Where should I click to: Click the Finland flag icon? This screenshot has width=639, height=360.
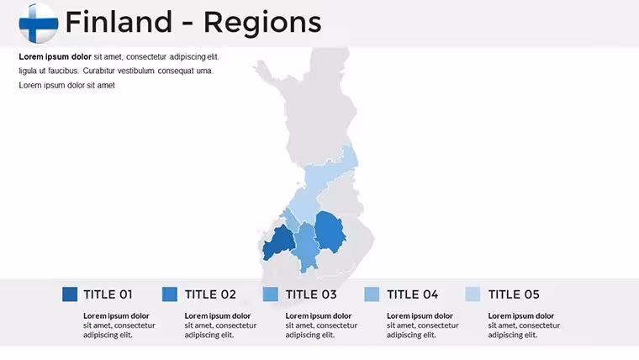coord(39,24)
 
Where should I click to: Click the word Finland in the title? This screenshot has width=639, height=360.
coord(119,22)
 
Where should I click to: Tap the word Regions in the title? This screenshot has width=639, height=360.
coord(262,23)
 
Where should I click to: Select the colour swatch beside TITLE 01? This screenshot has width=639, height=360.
coord(70,294)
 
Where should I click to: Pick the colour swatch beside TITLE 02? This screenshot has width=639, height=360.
coord(170,294)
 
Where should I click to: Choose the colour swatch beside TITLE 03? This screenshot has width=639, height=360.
coord(271,294)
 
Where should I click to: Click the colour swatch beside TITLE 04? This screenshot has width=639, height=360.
coord(372,294)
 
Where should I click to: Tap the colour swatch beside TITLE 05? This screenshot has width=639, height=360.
coord(473,294)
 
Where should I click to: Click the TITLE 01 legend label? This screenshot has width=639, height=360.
coord(108,294)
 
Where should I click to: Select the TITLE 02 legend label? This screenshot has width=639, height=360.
coord(210,294)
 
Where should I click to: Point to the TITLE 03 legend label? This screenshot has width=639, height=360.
coord(311,294)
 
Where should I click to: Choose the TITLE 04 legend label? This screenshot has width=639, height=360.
coord(413,294)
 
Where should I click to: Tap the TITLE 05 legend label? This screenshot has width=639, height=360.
coord(514,294)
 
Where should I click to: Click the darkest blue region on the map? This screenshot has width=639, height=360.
coord(278,243)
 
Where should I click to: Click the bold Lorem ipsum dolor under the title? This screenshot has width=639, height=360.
coord(55,56)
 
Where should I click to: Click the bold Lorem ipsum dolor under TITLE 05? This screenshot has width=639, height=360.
coord(520,315)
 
